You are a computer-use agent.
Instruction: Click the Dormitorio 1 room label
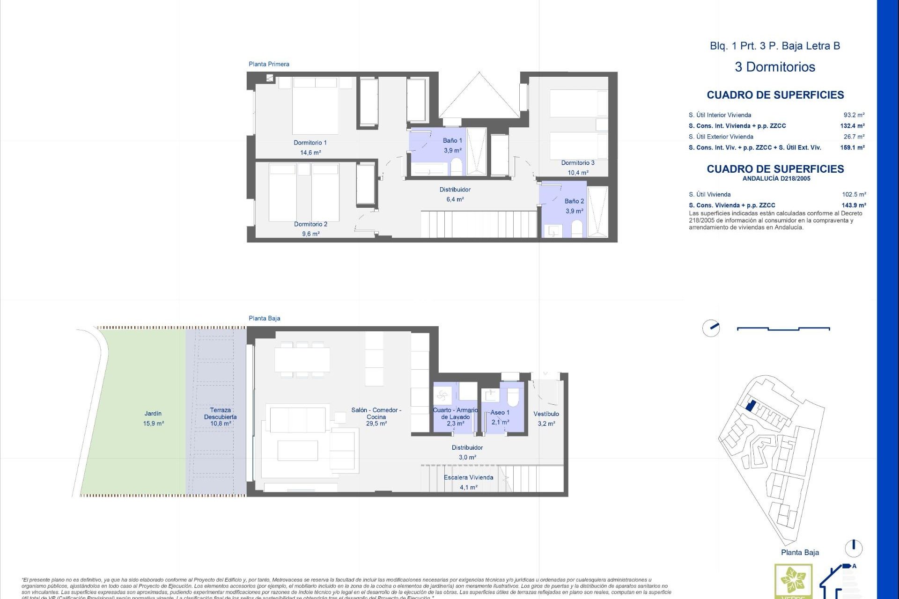[310, 143]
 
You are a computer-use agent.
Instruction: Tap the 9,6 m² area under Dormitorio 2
[310, 234]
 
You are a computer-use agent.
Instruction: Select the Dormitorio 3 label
[578, 163]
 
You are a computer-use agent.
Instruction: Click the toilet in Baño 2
[577, 229]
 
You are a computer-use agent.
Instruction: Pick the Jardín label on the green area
[153, 414]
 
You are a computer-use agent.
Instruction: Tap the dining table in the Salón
[302, 359]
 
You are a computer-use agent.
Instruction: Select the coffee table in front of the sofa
[298, 450]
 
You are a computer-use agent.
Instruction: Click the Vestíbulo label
[546, 414]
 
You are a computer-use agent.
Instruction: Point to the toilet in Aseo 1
[513, 397]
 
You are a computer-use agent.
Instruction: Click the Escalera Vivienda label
[468, 477]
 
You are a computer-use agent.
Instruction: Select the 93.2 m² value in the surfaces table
[854, 115]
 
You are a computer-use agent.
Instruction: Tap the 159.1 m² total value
[852, 147]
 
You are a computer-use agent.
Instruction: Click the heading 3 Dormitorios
[775, 67]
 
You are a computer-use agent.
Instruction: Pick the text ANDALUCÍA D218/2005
[776, 179]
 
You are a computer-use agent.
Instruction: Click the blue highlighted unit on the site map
[750, 405]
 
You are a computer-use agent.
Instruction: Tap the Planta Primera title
[269, 64]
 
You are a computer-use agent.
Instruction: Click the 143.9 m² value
[853, 205]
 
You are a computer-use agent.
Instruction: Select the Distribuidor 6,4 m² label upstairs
[455, 194]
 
